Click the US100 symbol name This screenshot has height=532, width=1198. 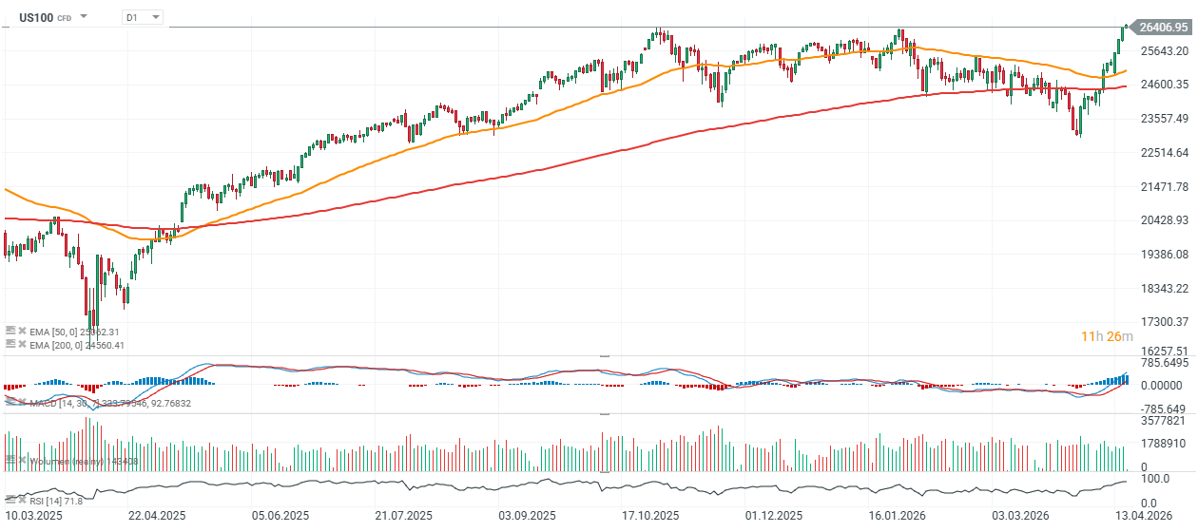point(36,17)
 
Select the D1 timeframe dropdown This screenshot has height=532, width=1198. point(143,17)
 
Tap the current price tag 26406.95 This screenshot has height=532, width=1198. point(1163,28)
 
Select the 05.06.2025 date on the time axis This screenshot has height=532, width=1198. point(280,515)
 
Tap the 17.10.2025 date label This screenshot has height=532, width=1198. point(650,515)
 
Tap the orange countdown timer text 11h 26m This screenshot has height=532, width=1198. point(1106,336)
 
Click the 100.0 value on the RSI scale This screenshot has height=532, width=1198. point(1155,480)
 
